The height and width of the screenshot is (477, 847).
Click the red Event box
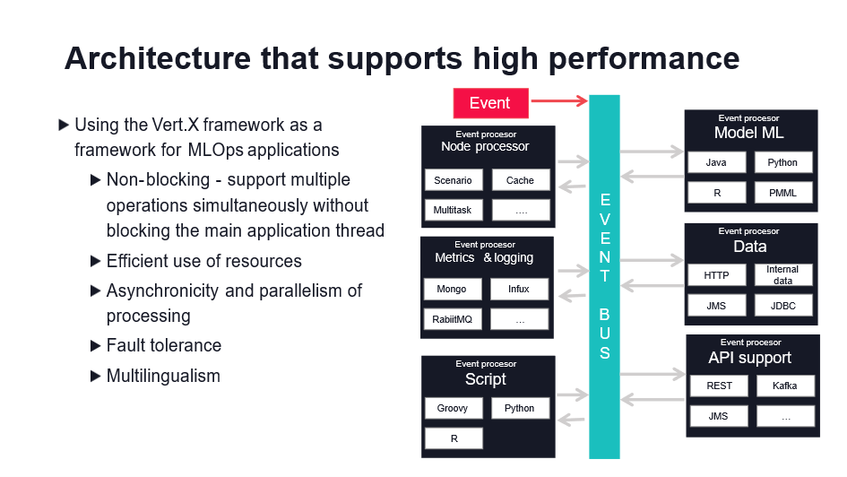[x=489, y=103]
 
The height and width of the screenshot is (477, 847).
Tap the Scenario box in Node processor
[x=453, y=180]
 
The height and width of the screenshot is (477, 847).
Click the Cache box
[x=520, y=180]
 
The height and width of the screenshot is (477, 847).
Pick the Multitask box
[x=453, y=210]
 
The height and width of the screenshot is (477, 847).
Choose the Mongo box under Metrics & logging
[x=452, y=290]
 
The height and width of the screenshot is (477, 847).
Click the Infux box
[x=519, y=290]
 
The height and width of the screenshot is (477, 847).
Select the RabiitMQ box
[x=452, y=319]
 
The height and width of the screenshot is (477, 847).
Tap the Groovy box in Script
[x=453, y=408]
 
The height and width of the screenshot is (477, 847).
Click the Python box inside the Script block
[x=519, y=408]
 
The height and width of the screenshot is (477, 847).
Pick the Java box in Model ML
[x=716, y=163]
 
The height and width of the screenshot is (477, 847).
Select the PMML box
[x=782, y=192]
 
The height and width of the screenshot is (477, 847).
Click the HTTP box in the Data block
[x=716, y=275]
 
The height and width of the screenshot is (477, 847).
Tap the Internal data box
[x=782, y=275]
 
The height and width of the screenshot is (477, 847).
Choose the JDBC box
[x=782, y=306]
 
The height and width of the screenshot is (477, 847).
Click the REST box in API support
[x=719, y=386]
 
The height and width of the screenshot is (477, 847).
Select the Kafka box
[x=785, y=386]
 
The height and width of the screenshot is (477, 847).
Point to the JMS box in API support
[x=719, y=416]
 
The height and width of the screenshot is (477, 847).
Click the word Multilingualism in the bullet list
[x=163, y=376]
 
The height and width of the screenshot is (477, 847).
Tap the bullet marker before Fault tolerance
[x=96, y=346]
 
